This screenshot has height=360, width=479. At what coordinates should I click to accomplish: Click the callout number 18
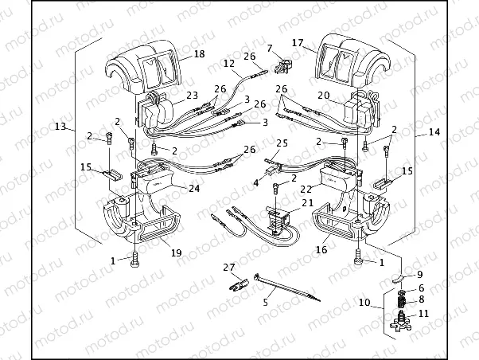point(198,53)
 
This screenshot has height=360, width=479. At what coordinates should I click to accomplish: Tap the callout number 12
point(228,63)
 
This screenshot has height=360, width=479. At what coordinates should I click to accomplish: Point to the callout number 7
point(270,49)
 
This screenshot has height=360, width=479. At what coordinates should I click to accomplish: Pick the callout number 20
point(324,94)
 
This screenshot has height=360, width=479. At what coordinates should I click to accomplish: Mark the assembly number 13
point(60,126)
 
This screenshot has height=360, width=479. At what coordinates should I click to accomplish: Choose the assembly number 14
point(434,131)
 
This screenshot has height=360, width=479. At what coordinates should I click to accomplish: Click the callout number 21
point(307,204)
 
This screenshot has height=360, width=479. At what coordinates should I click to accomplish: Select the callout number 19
point(176,252)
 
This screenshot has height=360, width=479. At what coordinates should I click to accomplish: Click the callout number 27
point(229,267)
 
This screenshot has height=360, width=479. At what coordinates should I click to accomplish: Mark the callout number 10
point(364,303)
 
